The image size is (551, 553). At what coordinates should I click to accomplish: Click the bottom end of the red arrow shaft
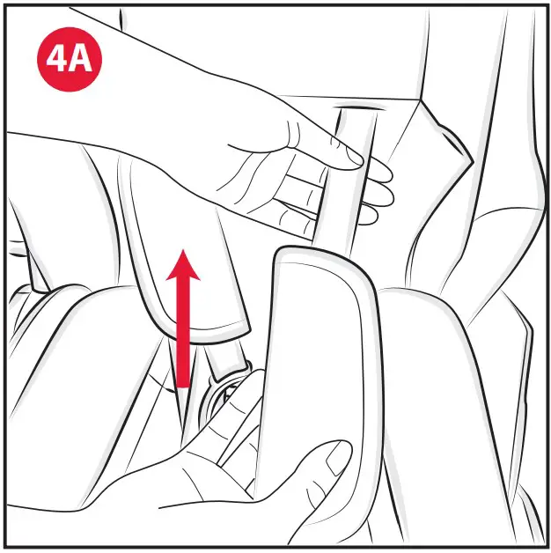[183, 384]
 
